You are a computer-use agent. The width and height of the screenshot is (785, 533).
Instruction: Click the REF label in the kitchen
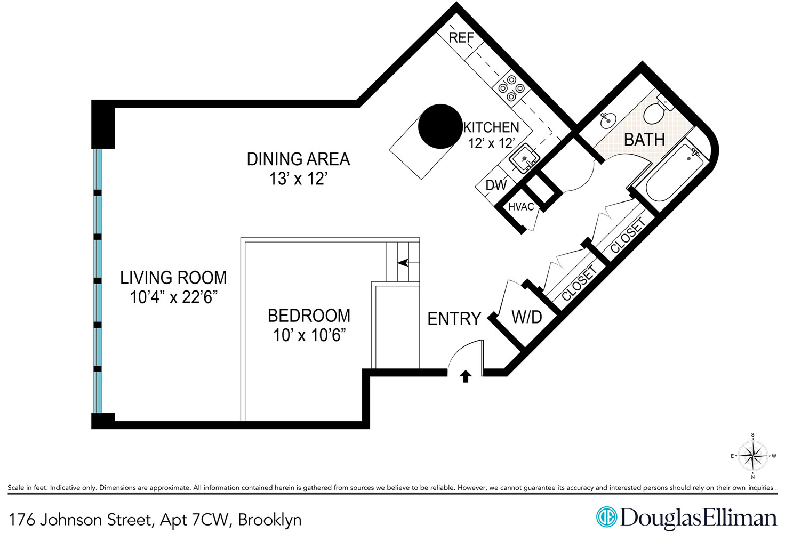coord(461,38)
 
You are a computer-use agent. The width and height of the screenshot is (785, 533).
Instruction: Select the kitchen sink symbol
coord(524,158)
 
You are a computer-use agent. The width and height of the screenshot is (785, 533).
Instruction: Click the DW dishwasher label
coord(496,185)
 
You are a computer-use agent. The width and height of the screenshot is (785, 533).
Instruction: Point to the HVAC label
coord(521,207)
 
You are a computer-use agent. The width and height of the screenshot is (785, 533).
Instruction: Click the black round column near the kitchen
coord(440,126)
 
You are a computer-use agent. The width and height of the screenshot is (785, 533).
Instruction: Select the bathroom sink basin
coord(607,120)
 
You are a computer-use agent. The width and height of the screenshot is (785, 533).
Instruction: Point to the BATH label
coord(644,140)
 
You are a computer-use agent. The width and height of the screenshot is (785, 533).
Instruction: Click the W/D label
coord(527,318)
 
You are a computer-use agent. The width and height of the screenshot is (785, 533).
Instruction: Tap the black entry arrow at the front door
coord(466,376)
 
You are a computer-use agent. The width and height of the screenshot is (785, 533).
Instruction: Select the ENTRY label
coord(454,319)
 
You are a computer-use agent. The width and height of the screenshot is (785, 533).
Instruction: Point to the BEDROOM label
coord(309,316)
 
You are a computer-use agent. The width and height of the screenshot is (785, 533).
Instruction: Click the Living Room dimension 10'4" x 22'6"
coord(174,297)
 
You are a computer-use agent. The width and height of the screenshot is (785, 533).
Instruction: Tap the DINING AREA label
coord(298,159)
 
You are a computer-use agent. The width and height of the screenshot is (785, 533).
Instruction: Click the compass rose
coord(752,456)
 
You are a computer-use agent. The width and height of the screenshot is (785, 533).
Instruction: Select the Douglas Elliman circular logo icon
coord(606,516)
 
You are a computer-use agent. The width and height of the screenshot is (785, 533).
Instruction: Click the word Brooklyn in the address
coord(270,520)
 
